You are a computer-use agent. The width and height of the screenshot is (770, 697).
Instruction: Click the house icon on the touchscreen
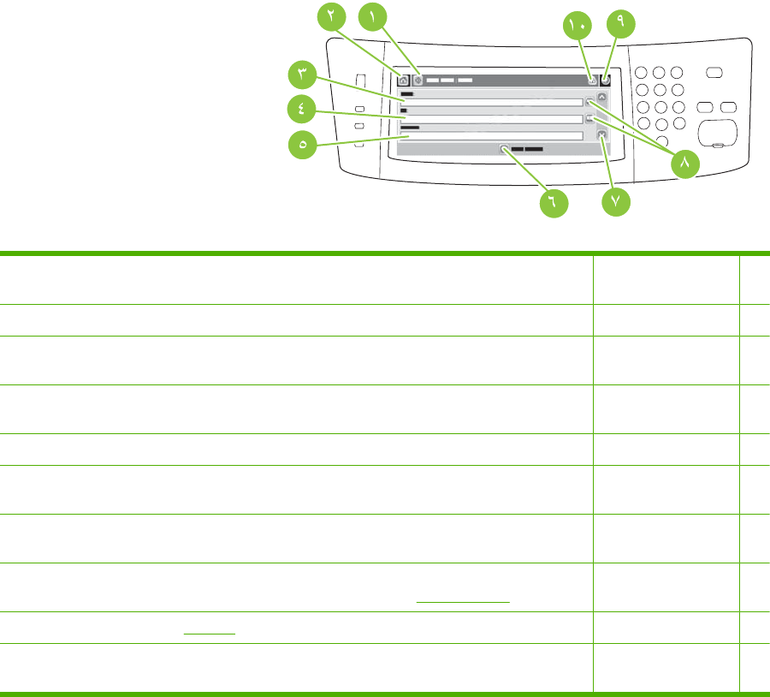point(403,80)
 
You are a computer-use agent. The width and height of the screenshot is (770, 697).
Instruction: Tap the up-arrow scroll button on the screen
point(601,98)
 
